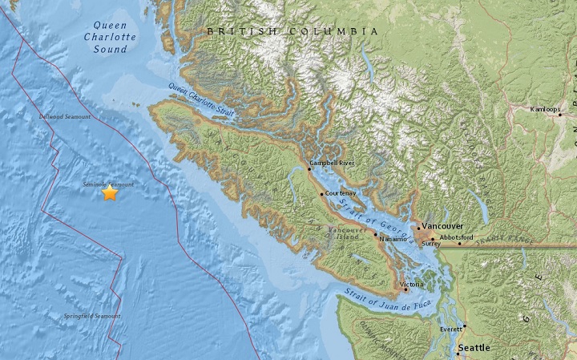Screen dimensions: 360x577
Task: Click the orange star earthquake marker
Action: (110, 192)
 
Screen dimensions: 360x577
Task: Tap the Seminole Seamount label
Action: (108, 184)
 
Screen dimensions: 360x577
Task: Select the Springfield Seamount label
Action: (92, 317)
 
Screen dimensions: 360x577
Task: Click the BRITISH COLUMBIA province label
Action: (292, 31)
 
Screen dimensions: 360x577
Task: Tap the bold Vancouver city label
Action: (442, 227)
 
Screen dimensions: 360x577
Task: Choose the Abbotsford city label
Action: (456, 238)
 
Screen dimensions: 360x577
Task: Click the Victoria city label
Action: (412, 283)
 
